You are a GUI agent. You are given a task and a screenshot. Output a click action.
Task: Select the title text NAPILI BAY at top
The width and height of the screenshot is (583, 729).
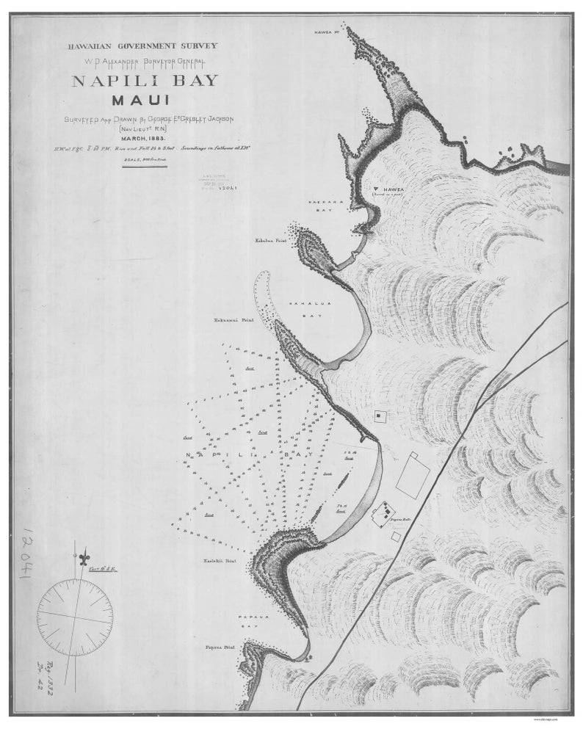(x=145, y=80)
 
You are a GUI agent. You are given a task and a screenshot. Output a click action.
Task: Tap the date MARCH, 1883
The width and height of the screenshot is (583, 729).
(x=145, y=138)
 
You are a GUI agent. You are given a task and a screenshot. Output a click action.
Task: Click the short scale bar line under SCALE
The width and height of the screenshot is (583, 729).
(x=144, y=169)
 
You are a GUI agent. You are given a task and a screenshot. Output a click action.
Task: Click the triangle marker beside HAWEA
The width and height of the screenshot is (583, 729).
(x=376, y=189)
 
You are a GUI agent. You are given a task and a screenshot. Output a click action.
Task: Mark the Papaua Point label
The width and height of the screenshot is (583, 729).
(x=219, y=648)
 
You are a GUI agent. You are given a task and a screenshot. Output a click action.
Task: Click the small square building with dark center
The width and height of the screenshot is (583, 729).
(x=380, y=416)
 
